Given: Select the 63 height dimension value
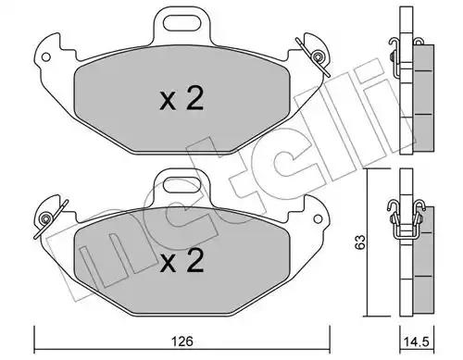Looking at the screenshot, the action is point(360,242).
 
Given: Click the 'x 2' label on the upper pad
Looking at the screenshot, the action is point(181,98).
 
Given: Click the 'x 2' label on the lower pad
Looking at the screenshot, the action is point(181,260).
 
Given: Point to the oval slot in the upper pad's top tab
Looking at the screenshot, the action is point(182,23).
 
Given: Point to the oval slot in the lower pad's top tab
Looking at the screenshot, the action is point(182,185).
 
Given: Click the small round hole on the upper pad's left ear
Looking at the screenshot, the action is point(46,56).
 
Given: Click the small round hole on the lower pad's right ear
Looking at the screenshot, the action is point(318,219).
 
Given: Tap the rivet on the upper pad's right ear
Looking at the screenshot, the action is point(317,56).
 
